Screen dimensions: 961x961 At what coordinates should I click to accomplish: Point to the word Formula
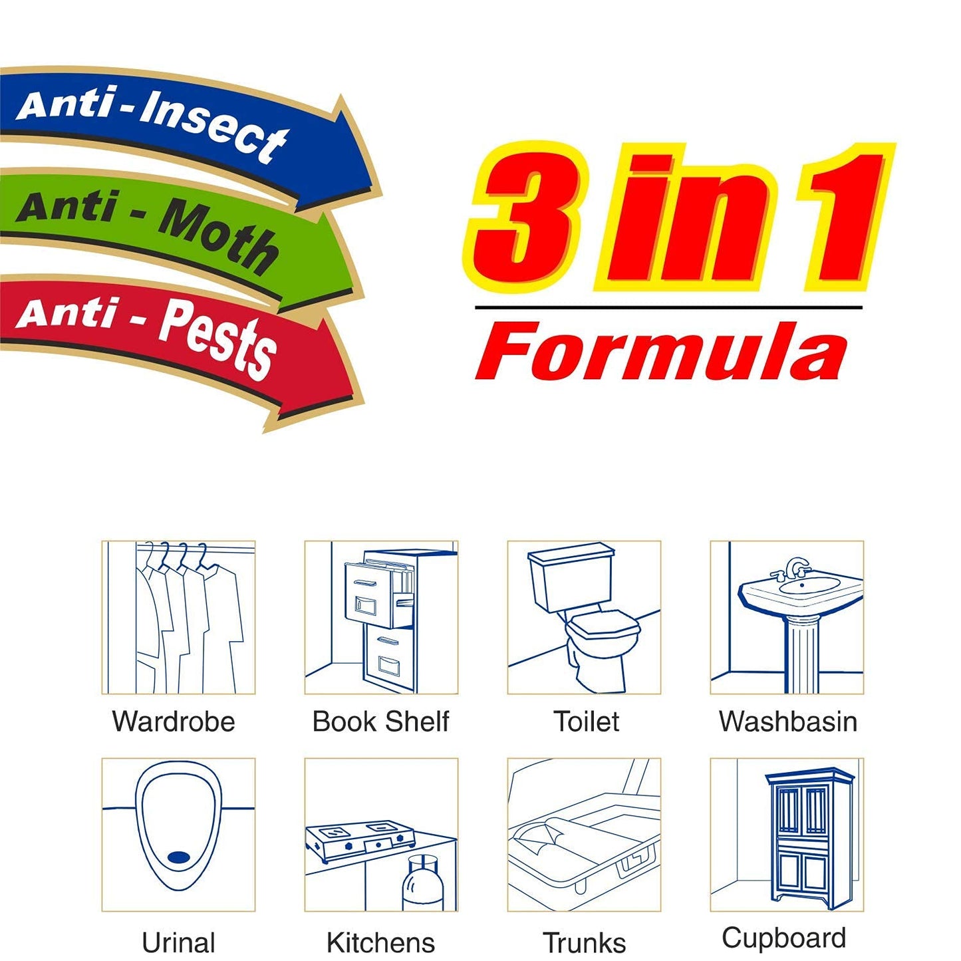point(662,352)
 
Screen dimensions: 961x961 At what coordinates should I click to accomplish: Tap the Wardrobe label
point(174,722)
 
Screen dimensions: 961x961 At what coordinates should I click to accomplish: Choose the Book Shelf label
point(380,722)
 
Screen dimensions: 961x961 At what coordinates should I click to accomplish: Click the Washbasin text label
point(788,722)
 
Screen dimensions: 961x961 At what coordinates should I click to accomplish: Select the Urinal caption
point(178,942)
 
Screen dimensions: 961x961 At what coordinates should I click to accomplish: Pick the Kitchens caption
point(380,942)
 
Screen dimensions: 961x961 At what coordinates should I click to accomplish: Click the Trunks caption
point(584,942)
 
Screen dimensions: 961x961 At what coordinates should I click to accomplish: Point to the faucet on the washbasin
point(795,569)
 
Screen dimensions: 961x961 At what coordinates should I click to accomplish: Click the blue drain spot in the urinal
point(178,857)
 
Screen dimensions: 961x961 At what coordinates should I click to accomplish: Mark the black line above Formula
point(668,308)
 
